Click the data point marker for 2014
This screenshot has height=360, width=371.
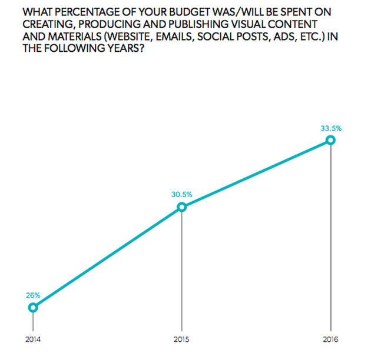[33, 307]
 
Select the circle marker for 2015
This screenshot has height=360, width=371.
[181, 207]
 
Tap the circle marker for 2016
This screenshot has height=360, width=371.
[330, 140]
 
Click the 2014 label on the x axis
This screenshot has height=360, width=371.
[33, 339]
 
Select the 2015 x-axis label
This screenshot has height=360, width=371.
[181, 339]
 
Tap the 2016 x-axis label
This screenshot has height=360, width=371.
[330, 339]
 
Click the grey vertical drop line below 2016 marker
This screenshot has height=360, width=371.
[330, 235]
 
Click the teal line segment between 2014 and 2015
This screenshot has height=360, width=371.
[107, 257]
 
